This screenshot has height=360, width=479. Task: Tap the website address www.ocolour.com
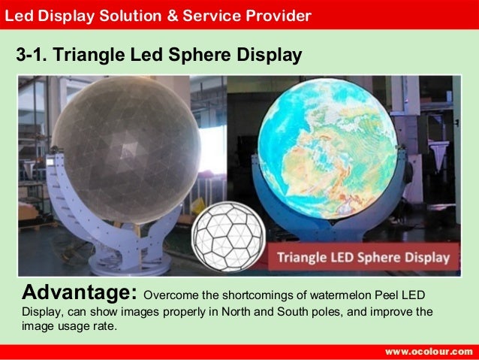[429, 352]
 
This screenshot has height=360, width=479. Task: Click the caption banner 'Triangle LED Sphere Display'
[364, 258]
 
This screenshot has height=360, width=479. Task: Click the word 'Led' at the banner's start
[18, 14]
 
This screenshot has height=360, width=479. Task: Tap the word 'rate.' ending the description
[104, 327]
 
